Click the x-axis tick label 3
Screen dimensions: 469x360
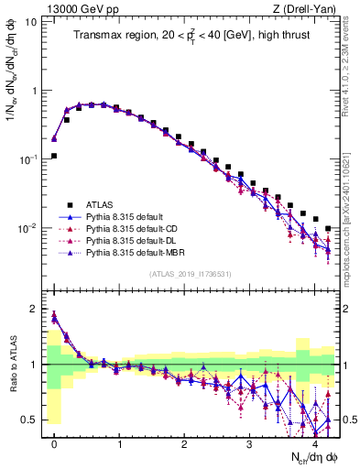(x=249, y=442)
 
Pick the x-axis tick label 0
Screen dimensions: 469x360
(x=54, y=442)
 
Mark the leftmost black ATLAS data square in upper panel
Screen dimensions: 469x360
(x=54, y=156)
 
